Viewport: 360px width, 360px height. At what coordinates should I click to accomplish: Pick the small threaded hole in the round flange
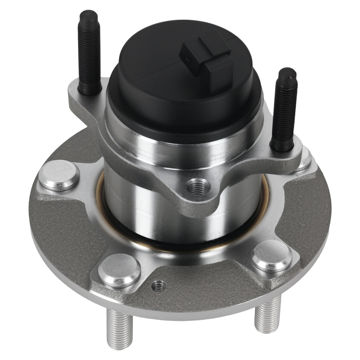pyautogui.click(x=158, y=286)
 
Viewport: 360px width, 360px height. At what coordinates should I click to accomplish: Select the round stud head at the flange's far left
pyautogui.click(x=59, y=175)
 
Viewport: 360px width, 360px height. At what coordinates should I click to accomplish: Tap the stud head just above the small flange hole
pyautogui.click(x=119, y=270)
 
